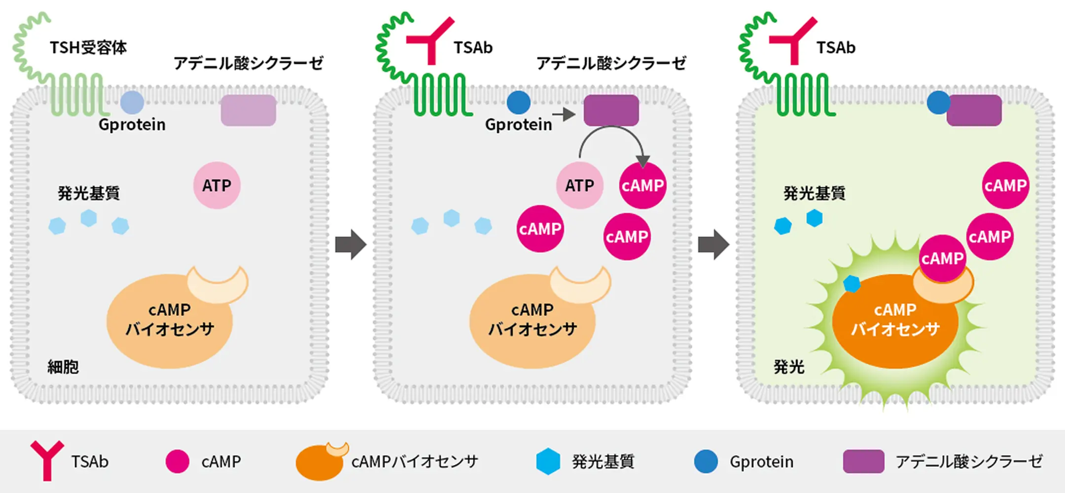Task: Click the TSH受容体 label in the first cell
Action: [88, 48]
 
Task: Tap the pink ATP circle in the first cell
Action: [216, 185]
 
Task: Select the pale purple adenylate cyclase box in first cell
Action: [248, 110]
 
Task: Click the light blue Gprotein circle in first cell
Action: [132, 103]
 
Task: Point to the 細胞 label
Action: [63, 367]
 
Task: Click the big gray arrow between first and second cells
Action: [351, 245]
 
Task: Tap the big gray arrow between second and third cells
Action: [713, 245]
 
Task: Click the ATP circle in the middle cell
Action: [579, 185]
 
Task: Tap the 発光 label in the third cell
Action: [789, 367]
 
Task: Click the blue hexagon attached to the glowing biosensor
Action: [852, 283]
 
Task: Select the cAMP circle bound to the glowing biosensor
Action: [942, 258]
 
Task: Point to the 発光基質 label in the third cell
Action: [814, 193]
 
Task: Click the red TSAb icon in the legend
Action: [47, 459]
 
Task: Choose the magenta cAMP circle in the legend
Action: [177, 461]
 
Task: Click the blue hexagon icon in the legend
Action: [548, 461]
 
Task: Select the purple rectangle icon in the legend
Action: [863, 461]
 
